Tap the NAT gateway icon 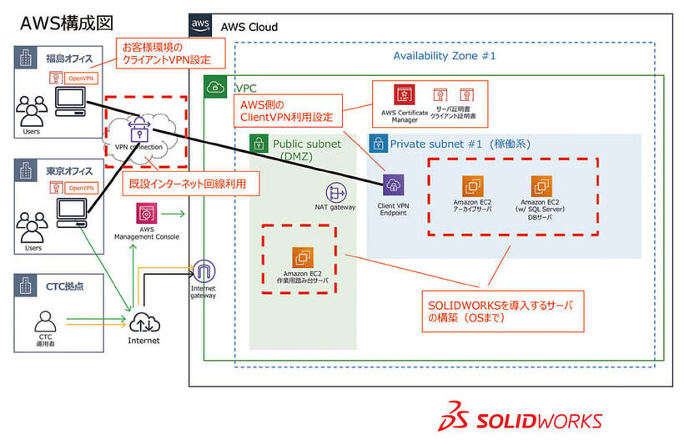pyautogui.click(x=336, y=192)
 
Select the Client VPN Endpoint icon pyautogui.click(x=394, y=186)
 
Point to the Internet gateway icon pyautogui.click(x=204, y=271)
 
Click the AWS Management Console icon pyautogui.click(x=145, y=213)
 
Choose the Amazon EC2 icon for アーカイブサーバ pyautogui.click(x=474, y=186)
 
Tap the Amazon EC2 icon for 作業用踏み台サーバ pyautogui.click(x=302, y=258)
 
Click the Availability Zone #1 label pyautogui.click(x=445, y=56)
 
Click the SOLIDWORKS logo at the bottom pyautogui.click(x=524, y=417)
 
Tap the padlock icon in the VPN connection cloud pyautogui.click(x=138, y=131)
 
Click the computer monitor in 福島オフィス pyautogui.click(x=69, y=102)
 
